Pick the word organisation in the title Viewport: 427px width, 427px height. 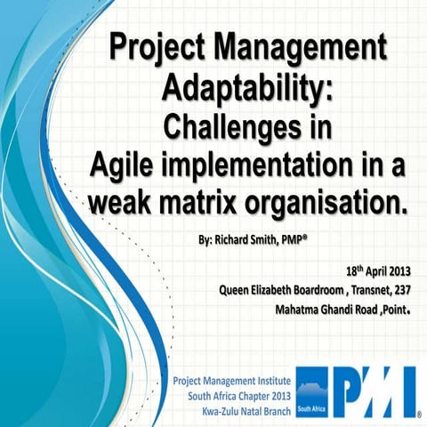[334, 203]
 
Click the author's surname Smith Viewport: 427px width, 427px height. [275, 240]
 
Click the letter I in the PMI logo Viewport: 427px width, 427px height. [407, 391]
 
